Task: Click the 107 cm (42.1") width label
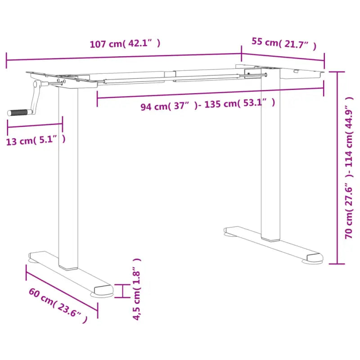[125, 44]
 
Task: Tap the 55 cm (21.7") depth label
[283, 44]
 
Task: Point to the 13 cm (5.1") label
[36, 140]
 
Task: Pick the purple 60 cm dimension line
[62, 288]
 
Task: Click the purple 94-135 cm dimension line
[210, 93]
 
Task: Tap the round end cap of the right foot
[315, 258]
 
